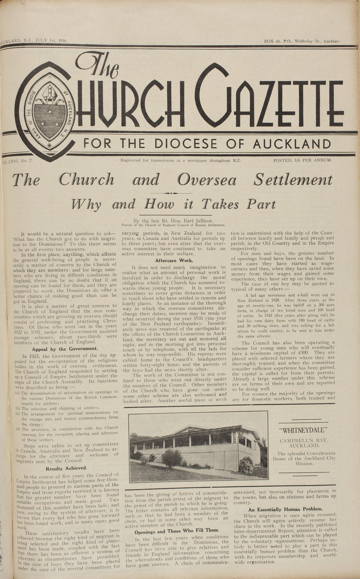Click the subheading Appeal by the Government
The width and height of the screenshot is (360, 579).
[x=64, y=349]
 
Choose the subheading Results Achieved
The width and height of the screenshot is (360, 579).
[x=66, y=468]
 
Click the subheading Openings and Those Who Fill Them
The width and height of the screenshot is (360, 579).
[x=176, y=531]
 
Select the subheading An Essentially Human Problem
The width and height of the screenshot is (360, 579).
[x=285, y=509]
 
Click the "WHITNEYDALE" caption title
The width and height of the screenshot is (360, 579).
[x=304, y=430]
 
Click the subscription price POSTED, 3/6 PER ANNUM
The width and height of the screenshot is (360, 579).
[x=302, y=160]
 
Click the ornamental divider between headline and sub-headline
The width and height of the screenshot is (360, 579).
[x=172, y=193]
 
